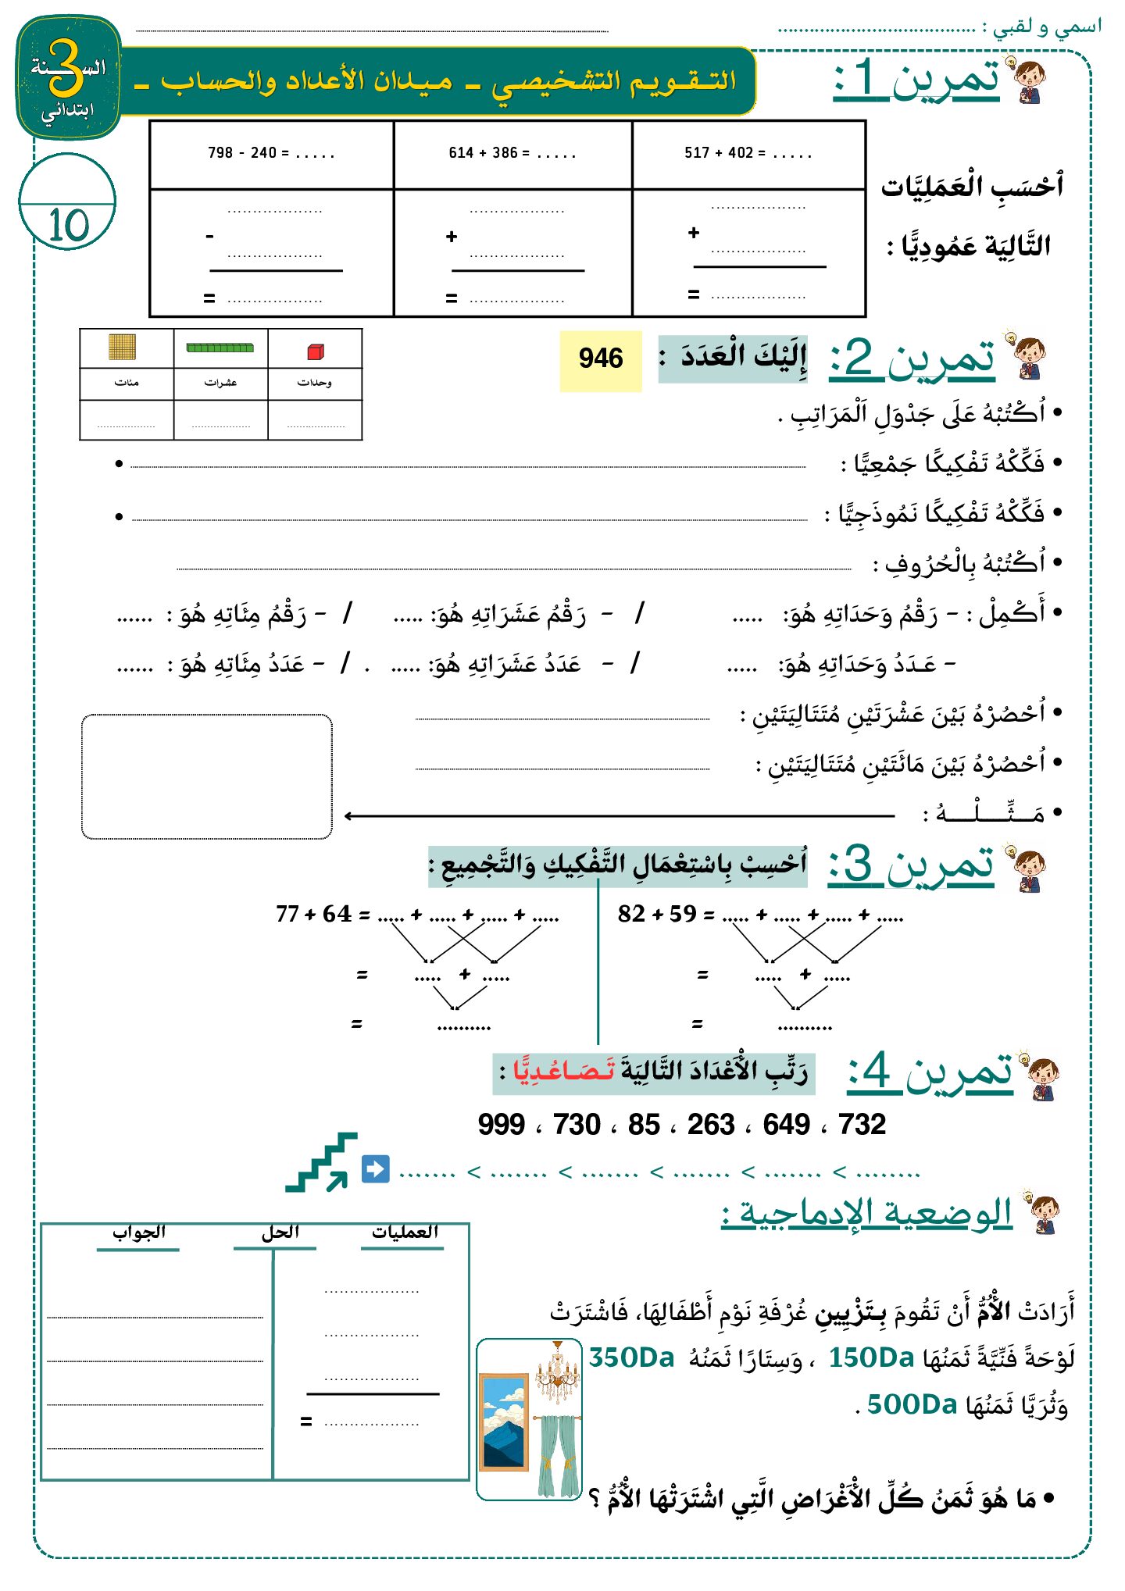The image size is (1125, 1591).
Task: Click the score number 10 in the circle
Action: (x=69, y=225)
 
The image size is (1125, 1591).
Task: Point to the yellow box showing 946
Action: (x=600, y=359)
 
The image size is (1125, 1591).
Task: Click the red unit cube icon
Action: (x=315, y=351)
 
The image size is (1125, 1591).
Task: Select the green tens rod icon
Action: (x=220, y=348)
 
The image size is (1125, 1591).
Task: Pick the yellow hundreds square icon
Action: (x=123, y=347)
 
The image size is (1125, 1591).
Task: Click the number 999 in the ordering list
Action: (x=501, y=1125)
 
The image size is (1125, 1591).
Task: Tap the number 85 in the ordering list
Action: (x=644, y=1125)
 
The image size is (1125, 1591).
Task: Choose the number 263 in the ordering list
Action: (x=711, y=1125)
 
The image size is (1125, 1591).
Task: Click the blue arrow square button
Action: (x=375, y=1169)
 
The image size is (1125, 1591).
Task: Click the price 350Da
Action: (x=631, y=1357)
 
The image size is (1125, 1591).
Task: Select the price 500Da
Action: (x=912, y=1404)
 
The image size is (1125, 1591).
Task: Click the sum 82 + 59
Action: (x=656, y=914)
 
